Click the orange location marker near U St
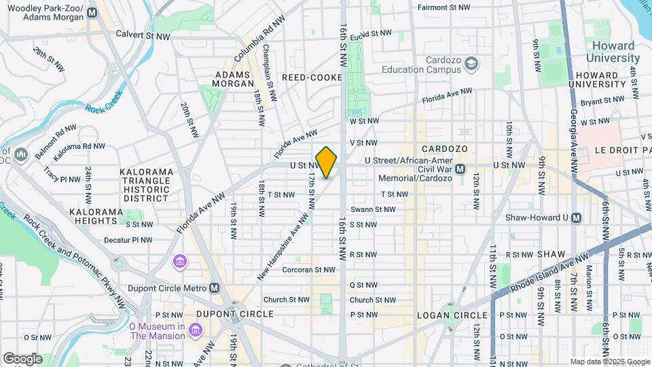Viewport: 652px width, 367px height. coord(327,162)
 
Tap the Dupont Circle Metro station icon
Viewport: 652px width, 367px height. coord(215,288)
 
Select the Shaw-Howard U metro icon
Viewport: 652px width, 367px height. coord(577,217)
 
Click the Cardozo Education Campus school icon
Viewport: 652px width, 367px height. coord(471,64)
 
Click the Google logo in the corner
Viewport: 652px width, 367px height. coord(22,359)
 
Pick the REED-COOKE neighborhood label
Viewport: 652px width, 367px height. coord(312,77)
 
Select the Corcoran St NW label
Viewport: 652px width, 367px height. coord(310,270)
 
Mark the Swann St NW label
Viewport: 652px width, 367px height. coord(373,209)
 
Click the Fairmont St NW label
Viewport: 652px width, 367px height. coord(443,7)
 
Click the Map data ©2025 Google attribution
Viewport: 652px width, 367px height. coord(609,362)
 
